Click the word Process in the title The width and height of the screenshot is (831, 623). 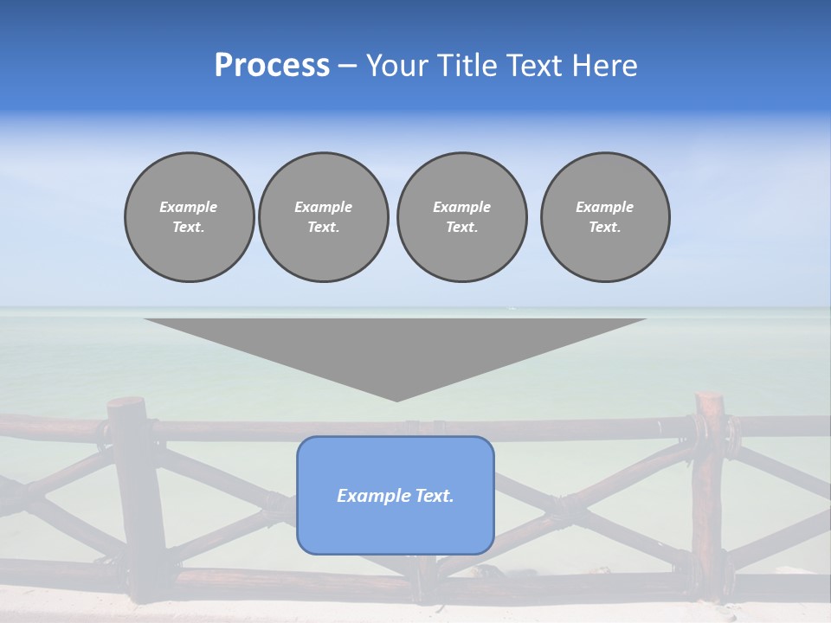(272, 66)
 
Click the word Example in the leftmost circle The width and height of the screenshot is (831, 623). (189, 207)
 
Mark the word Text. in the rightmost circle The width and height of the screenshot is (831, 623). (605, 227)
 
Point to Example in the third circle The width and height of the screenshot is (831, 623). (461, 207)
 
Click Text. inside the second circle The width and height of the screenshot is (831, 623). (324, 227)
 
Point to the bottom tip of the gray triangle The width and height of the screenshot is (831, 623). (396, 400)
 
